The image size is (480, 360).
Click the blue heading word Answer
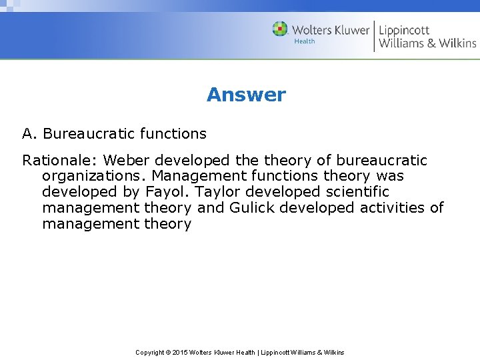[246, 95]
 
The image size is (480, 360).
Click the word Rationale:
[61, 161]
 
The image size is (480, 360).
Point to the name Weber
[127, 161]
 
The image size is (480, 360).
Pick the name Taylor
[212, 192]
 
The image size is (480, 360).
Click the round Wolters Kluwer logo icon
[280, 29]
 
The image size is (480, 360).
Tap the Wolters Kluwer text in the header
[331, 30]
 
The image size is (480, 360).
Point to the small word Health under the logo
[304, 42]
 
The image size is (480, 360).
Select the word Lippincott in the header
[404, 30]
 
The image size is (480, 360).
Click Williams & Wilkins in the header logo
[427, 44]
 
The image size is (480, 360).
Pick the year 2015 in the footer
[181, 352]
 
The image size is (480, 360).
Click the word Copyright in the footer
[150, 352]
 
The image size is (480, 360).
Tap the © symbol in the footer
[168, 352]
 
